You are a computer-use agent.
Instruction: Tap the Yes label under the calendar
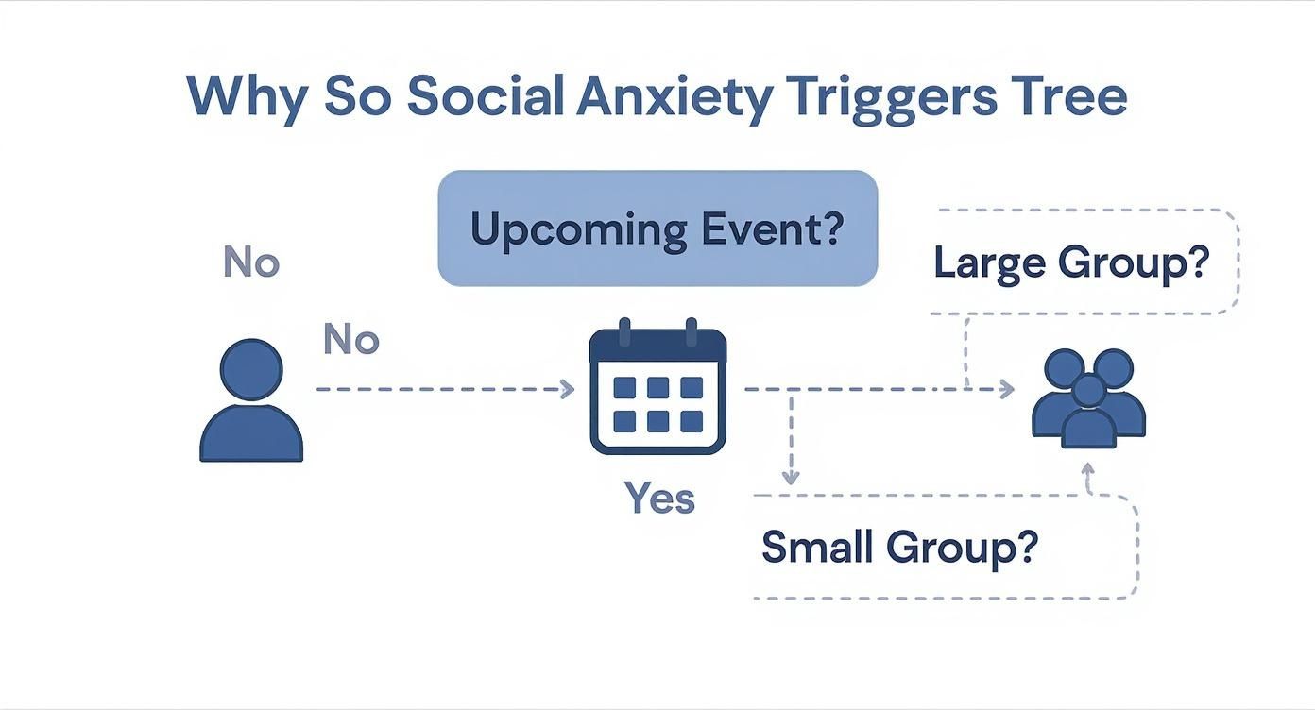pyautogui.click(x=659, y=499)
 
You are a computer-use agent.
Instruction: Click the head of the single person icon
pyautogui.click(x=251, y=370)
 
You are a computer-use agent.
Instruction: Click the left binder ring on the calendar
pyautogui.click(x=623, y=334)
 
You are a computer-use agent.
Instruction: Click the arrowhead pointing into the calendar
pyautogui.click(x=567, y=389)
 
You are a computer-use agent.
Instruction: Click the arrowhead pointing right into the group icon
pyautogui.click(x=1007, y=389)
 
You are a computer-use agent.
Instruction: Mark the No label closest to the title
pyautogui.click(x=251, y=262)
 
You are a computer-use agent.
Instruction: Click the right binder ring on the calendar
pyautogui.click(x=691, y=334)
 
